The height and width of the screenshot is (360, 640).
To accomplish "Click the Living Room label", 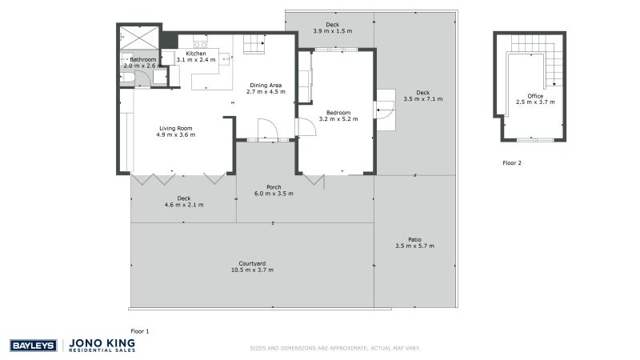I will point(175,128).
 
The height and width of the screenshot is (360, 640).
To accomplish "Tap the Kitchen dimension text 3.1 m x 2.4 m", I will point(190,60).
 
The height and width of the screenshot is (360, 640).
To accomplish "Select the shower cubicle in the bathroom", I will point(128,36).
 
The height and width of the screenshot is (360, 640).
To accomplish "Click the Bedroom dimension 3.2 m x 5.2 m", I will point(338,118).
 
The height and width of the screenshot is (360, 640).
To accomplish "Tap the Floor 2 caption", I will point(512,162).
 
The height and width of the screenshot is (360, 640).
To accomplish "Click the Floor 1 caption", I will point(140,330).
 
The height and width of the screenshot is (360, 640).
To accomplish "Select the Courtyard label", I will point(252,263).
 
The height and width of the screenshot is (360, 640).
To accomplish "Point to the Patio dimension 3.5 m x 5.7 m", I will point(414,246).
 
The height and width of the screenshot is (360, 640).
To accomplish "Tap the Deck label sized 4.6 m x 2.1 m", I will point(184,198).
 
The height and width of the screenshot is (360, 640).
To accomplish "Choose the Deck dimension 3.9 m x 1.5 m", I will point(332,31).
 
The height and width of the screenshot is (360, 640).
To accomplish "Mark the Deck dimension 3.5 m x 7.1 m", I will point(423,98).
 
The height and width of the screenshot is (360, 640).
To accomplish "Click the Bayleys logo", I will point(33,346).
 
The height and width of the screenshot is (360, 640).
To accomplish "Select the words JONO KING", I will point(103,342).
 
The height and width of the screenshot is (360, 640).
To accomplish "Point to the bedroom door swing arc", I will point(306,127).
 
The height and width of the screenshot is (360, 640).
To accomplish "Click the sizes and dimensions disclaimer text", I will point(334,348).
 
